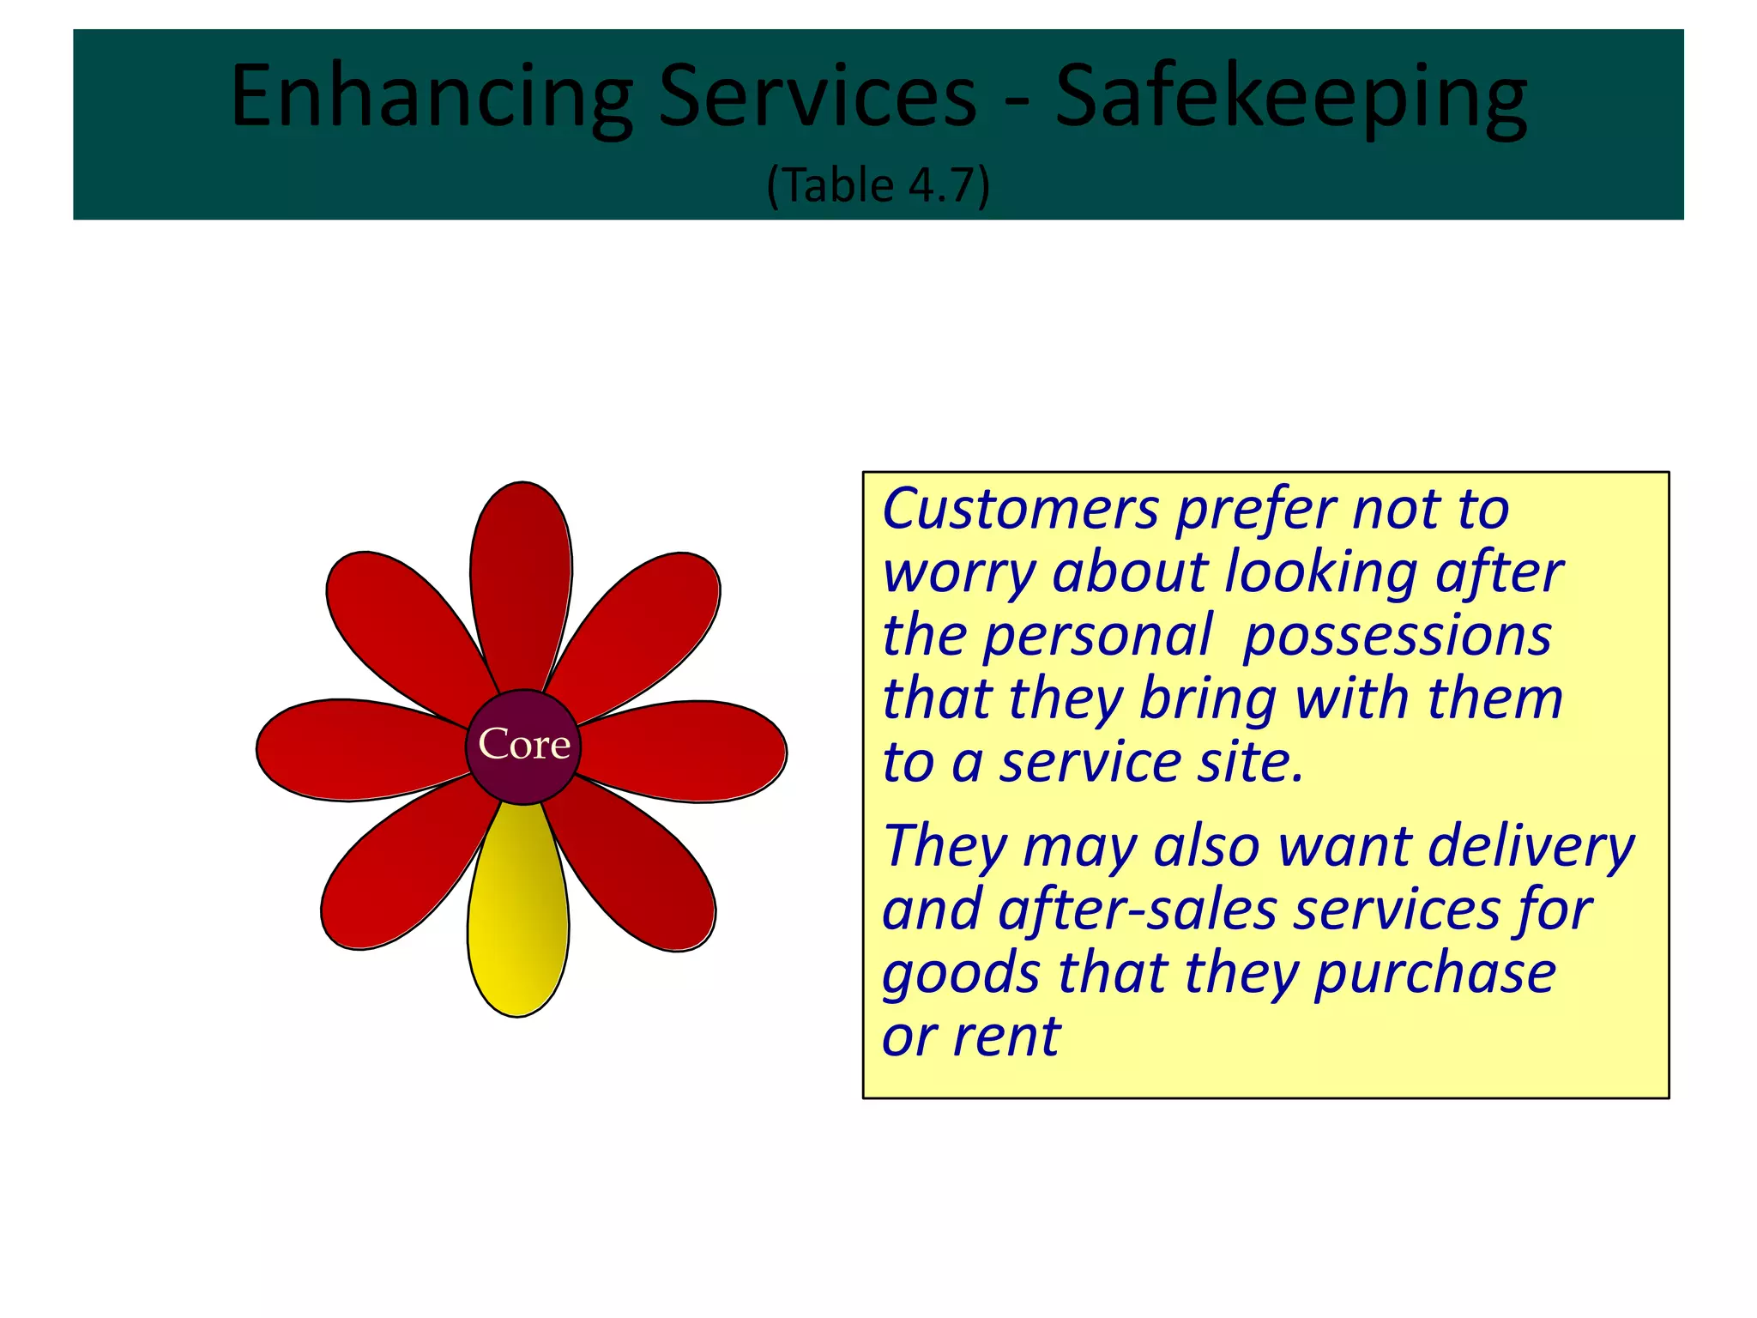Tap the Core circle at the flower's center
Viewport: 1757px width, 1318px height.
[523, 746]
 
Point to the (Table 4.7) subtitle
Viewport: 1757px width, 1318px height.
[878, 184]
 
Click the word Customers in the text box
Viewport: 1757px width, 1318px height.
[1021, 509]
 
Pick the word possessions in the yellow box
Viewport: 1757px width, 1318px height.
[1398, 636]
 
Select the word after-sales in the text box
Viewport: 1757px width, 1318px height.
[1138, 910]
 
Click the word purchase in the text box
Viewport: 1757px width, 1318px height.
[1435, 974]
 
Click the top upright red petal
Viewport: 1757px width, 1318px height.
[522, 583]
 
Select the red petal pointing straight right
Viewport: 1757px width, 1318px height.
[686, 752]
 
